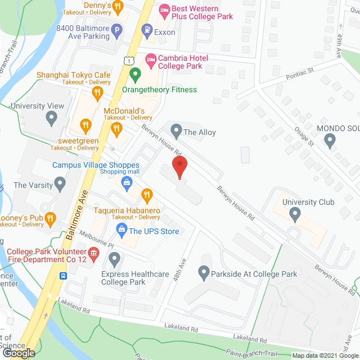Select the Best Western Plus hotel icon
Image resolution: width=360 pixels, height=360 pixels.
[164, 10]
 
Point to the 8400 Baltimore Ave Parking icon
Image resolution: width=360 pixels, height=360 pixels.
[117, 31]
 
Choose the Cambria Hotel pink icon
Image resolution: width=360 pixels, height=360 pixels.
[150, 58]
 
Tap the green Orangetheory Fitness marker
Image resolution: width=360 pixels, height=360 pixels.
[135, 74]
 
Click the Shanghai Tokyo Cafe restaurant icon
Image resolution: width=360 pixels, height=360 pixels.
[97, 92]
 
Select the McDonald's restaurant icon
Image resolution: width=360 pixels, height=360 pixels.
[117, 129]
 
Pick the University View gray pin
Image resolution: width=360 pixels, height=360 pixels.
[52, 118]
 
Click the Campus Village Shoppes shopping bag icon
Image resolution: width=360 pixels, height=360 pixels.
[128, 182]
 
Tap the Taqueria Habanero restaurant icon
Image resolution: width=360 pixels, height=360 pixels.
[147, 195]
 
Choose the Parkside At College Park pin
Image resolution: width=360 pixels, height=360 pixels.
[205, 273]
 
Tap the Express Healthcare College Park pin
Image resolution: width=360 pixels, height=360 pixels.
[115, 259]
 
